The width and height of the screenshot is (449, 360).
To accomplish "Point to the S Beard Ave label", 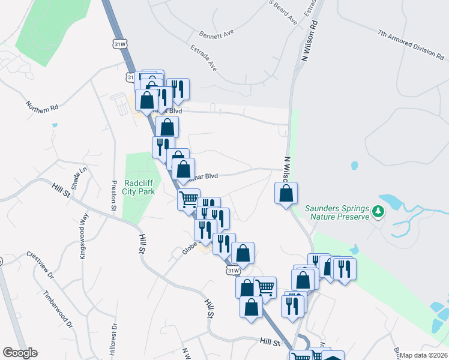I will (284, 13).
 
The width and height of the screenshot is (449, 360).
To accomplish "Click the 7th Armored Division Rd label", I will (411, 44).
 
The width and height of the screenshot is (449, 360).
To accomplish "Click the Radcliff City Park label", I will (139, 187).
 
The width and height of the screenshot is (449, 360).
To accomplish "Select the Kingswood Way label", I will (83, 239).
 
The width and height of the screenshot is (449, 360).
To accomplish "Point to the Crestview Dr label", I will (40, 265).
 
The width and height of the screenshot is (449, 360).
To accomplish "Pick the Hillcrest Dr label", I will (112, 339).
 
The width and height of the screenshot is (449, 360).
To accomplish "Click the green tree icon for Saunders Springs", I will (378, 211).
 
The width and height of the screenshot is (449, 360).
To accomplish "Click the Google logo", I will (20, 353).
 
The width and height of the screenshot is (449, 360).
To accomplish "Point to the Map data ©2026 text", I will (423, 355).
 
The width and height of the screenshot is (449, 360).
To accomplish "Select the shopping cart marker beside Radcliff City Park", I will (188, 199).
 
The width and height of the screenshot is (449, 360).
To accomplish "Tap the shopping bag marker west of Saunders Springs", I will (286, 193).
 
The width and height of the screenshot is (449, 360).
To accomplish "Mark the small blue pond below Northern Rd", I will (55, 125).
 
